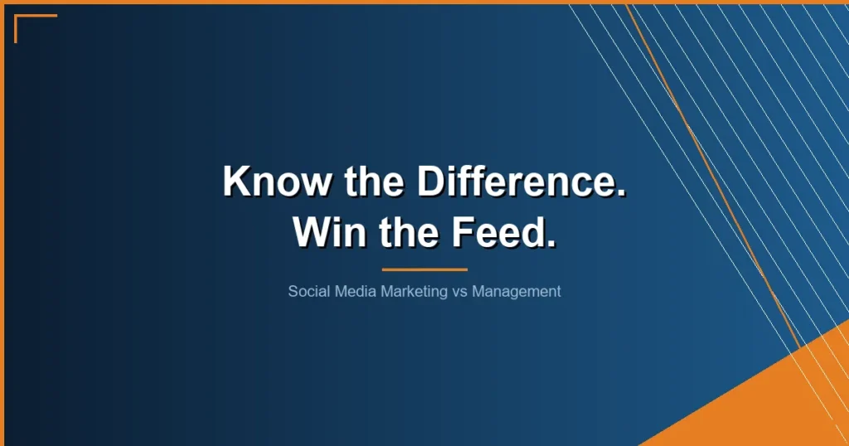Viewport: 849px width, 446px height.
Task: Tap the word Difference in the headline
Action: click(515, 182)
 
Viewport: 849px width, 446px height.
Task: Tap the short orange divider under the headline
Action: click(424, 269)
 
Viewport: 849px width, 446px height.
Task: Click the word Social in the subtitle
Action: click(308, 292)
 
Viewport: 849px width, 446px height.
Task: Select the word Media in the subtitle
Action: click(354, 292)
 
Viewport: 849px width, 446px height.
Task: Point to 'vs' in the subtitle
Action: click(461, 292)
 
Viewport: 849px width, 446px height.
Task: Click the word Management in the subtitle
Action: click(517, 292)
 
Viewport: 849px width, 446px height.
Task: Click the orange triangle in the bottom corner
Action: click(779, 398)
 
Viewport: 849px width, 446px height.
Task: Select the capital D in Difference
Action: click(430, 182)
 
